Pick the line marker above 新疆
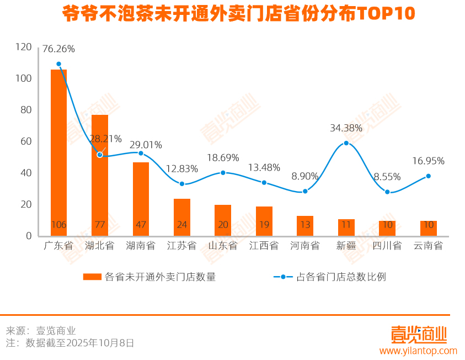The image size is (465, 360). click(346, 143)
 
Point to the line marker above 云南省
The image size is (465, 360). click(428, 176)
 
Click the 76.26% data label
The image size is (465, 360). click(58, 49)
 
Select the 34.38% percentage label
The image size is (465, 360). click(346, 128)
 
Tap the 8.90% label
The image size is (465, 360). click(304, 176)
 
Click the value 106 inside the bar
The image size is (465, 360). click(58, 225)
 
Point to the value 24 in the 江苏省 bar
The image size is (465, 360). click(182, 225)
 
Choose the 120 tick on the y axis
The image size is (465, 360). click(24, 47)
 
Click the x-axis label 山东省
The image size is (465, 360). click(223, 246)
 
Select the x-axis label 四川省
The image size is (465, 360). click(387, 246)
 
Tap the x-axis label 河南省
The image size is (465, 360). click(305, 246)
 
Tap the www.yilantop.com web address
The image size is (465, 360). click(418, 351)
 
